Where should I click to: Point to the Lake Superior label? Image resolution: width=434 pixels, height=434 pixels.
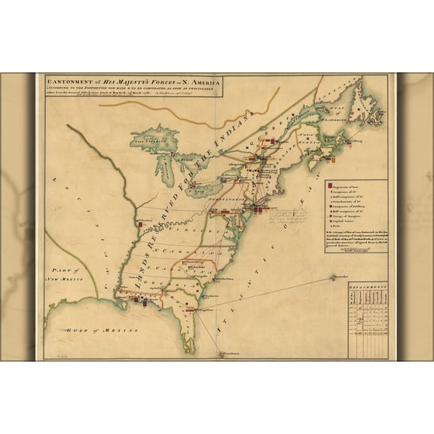pyautogui.click(x=151, y=139)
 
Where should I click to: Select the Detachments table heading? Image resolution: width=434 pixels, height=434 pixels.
pyautogui.click(x=368, y=287)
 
